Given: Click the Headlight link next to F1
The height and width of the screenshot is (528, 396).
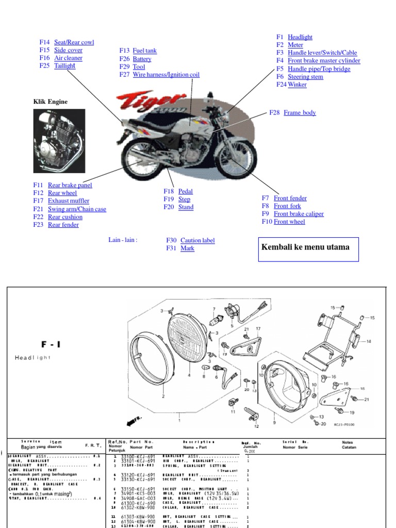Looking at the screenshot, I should pos(300,37).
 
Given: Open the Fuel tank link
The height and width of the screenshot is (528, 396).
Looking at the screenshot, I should pos(144,51).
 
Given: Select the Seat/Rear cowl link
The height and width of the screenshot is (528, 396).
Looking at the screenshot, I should pos(74,42).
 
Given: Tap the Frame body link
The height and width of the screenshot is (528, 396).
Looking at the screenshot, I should pos(300,113).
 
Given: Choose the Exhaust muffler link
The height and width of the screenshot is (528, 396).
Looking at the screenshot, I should pos(68,201).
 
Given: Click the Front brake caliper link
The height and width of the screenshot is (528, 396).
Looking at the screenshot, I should pos(299,214).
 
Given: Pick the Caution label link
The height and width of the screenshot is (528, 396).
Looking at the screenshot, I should pos(197,240).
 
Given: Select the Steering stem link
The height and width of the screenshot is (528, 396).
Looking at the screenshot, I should pos(305,77).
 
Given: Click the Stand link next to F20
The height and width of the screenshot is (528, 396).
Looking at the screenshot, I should pos(186,207).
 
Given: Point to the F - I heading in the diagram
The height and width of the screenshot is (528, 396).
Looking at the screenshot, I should pos(51,344).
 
